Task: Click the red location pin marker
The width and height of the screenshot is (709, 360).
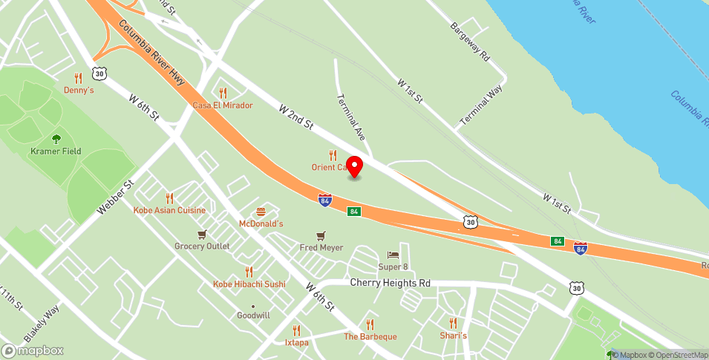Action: tap(355, 166)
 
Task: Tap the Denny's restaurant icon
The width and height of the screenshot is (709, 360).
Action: tap(78, 77)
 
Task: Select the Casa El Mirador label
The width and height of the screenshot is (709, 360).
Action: tap(223, 105)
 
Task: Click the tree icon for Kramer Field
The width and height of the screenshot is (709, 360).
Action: tap(56, 138)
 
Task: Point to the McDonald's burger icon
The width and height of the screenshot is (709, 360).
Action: tap(261, 212)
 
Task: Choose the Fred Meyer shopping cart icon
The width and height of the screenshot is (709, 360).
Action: tap(321, 235)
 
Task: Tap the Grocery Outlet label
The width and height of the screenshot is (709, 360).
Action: tap(202, 246)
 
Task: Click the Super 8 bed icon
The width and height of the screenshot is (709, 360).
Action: tap(393, 255)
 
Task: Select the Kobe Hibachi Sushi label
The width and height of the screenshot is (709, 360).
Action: tap(249, 284)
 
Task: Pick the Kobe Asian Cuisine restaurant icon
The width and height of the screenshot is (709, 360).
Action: tap(169, 198)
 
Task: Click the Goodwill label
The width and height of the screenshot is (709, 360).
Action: tap(253, 315)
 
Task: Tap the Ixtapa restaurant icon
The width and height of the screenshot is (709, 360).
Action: tap(296, 330)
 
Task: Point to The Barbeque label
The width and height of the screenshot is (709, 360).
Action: tap(370, 336)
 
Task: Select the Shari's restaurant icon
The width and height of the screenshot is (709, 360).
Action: tap(453, 323)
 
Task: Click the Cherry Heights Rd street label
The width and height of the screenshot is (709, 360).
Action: tap(390, 283)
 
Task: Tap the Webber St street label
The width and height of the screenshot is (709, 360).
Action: tap(114, 198)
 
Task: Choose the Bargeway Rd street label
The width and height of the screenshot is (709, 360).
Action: tap(471, 42)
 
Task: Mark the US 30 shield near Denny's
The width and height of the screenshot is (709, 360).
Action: tap(99, 73)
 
